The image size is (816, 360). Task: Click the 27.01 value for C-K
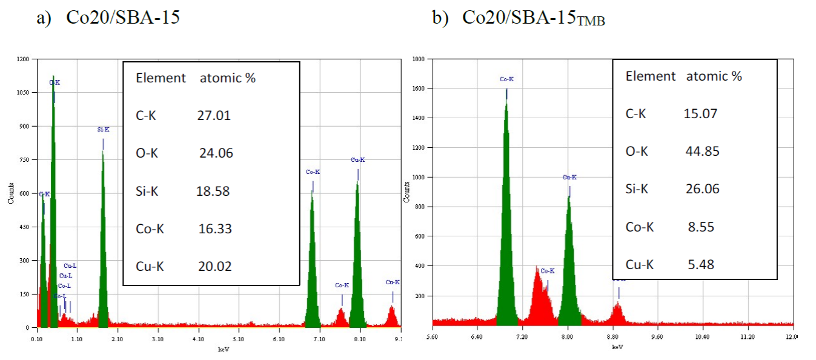point(214,115)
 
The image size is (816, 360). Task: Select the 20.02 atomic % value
point(214,266)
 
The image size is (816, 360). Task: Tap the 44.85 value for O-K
point(702,151)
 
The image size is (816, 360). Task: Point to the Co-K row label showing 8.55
point(640,227)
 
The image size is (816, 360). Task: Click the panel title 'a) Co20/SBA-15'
point(108,18)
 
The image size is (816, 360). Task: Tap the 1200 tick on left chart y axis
point(24,59)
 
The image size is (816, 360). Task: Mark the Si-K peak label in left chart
point(103,130)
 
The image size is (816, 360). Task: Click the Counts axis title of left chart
point(10,193)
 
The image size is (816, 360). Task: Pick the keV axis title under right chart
point(617,347)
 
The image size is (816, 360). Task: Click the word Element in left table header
point(161,78)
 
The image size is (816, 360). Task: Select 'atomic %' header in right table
point(714,76)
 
